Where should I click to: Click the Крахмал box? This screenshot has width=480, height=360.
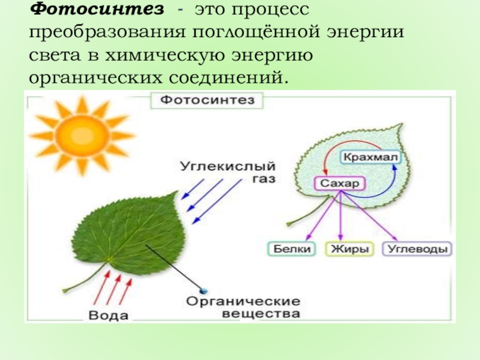click(370, 157)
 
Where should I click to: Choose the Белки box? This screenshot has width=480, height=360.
click(291, 248)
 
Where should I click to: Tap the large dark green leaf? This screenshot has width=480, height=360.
click(129, 231)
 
